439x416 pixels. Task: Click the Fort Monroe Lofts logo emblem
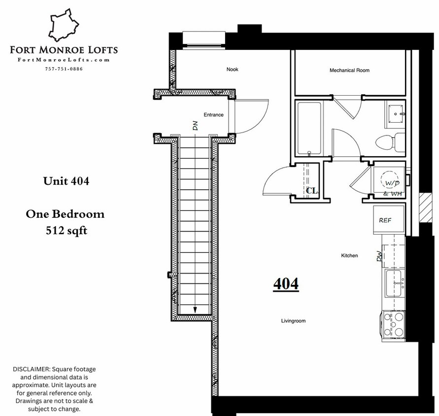[65, 26]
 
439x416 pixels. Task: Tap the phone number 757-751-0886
[64, 69]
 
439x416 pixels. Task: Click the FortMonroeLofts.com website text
[63, 60]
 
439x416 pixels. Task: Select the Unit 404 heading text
[66, 181]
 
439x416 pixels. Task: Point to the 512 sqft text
[66, 230]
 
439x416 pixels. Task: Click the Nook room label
[233, 69]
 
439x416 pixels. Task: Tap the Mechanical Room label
[349, 70]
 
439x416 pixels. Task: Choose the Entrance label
[213, 115]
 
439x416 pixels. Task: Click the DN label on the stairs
[195, 126]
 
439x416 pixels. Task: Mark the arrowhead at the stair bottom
[196, 310]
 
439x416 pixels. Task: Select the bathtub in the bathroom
[309, 129]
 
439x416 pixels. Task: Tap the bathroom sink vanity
[395, 113]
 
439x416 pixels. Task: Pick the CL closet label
[311, 190]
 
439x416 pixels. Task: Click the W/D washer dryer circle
[391, 182]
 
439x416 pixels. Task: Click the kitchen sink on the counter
[395, 283]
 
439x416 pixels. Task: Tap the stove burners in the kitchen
[394, 325]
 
